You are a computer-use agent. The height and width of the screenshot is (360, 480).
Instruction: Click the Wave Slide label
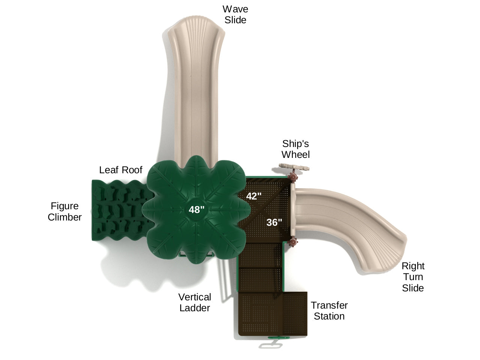(x=235, y=15)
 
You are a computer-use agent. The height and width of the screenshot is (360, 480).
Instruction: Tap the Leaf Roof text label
(x=120, y=170)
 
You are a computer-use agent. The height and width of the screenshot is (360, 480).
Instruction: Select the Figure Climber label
(x=65, y=211)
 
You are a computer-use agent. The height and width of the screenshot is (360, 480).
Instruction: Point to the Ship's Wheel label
(x=296, y=149)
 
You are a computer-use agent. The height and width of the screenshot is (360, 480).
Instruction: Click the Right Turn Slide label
(x=413, y=277)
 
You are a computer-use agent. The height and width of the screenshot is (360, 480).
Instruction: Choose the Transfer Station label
(x=329, y=310)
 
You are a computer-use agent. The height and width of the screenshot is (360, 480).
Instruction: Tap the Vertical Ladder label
(x=194, y=302)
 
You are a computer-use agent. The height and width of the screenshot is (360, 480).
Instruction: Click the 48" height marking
(x=197, y=210)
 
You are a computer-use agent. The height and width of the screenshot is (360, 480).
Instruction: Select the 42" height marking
(x=254, y=196)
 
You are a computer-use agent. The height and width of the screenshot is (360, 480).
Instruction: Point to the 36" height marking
(x=274, y=222)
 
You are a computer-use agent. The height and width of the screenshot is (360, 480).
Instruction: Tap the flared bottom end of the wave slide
(x=196, y=30)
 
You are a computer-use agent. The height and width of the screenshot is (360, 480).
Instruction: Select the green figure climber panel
(x=116, y=210)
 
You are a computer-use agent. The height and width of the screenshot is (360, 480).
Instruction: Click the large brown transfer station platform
(x=272, y=313)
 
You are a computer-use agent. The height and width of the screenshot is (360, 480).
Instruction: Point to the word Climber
(x=65, y=217)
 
